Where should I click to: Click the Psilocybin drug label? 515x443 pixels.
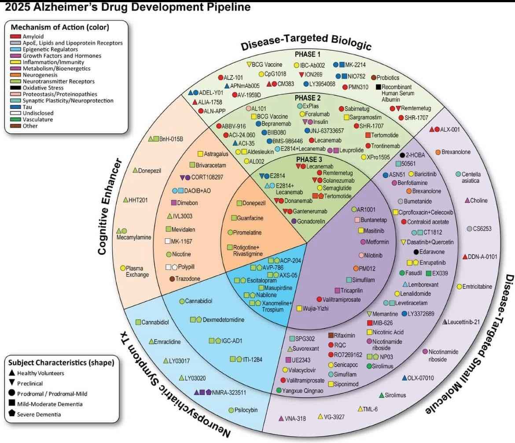click(x=246, y=410)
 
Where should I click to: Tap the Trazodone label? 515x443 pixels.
click(x=188, y=279)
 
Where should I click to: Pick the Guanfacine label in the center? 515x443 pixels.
click(x=250, y=218)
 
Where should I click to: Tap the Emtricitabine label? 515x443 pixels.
click(x=477, y=287)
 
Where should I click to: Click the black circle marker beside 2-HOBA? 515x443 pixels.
click(x=402, y=155)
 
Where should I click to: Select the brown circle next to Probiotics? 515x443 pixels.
click(x=373, y=78)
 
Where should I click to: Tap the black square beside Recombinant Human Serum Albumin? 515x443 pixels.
click(x=378, y=87)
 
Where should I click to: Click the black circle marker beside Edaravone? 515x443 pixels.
click(x=416, y=252)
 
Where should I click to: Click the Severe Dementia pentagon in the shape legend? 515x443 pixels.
click(x=11, y=414)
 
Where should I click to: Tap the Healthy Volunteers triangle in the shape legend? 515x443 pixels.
click(x=11, y=373)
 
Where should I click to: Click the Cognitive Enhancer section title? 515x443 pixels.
click(x=104, y=204)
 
